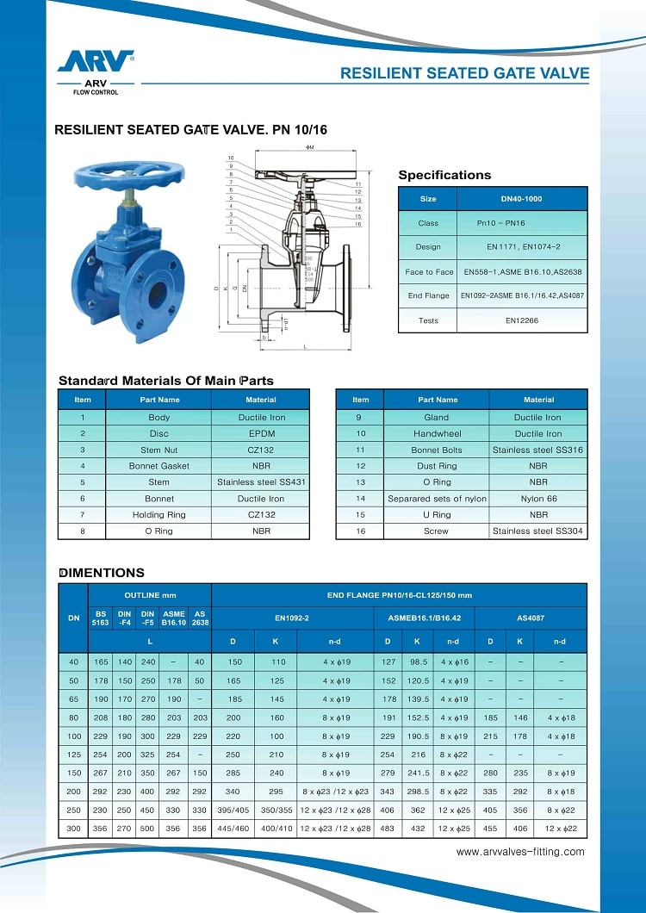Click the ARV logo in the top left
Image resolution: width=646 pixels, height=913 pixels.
pos(95,61)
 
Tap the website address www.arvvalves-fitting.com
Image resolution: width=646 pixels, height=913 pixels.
pos(519,852)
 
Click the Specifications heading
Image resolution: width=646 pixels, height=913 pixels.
pos(444,175)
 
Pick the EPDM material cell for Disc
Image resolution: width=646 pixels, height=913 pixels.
pos(260,433)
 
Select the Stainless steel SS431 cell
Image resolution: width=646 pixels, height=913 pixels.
pos(260,482)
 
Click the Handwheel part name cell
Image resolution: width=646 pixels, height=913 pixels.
pos(438,433)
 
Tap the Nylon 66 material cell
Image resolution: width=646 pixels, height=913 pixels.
pos(538,499)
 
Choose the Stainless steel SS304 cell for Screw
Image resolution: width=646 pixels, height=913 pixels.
pos(538,531)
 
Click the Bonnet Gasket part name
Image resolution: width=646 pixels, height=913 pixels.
pos(158,466)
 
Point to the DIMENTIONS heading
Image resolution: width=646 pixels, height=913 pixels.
pos(101,573)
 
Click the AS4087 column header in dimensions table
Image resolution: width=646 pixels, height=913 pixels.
pos(531,618)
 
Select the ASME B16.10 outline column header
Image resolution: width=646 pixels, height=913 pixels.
pos(174,618)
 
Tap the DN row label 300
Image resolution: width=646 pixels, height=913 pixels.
pos(72,828)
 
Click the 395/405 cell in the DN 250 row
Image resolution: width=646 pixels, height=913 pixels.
pos(233,810)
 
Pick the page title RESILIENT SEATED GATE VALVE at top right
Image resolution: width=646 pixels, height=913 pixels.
pos(464,73)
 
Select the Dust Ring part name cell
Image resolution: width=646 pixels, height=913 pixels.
pos(438,466)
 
